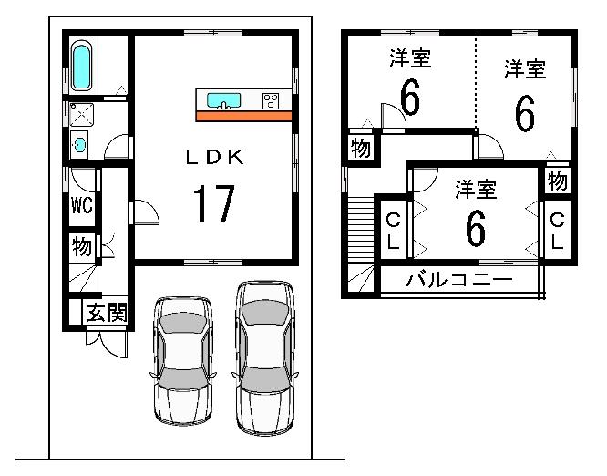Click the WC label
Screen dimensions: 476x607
[82, 205]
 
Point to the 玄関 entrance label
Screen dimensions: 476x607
[106, 314]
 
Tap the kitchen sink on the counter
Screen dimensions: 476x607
[223, 100]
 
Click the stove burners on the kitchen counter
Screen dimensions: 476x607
[271, 101]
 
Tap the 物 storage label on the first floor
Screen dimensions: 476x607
[82, 246]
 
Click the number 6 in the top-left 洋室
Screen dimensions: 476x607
[410, 98]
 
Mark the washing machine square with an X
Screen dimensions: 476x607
[79, 114]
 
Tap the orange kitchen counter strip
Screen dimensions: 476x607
[243, 116]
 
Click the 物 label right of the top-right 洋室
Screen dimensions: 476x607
[558, 181]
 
